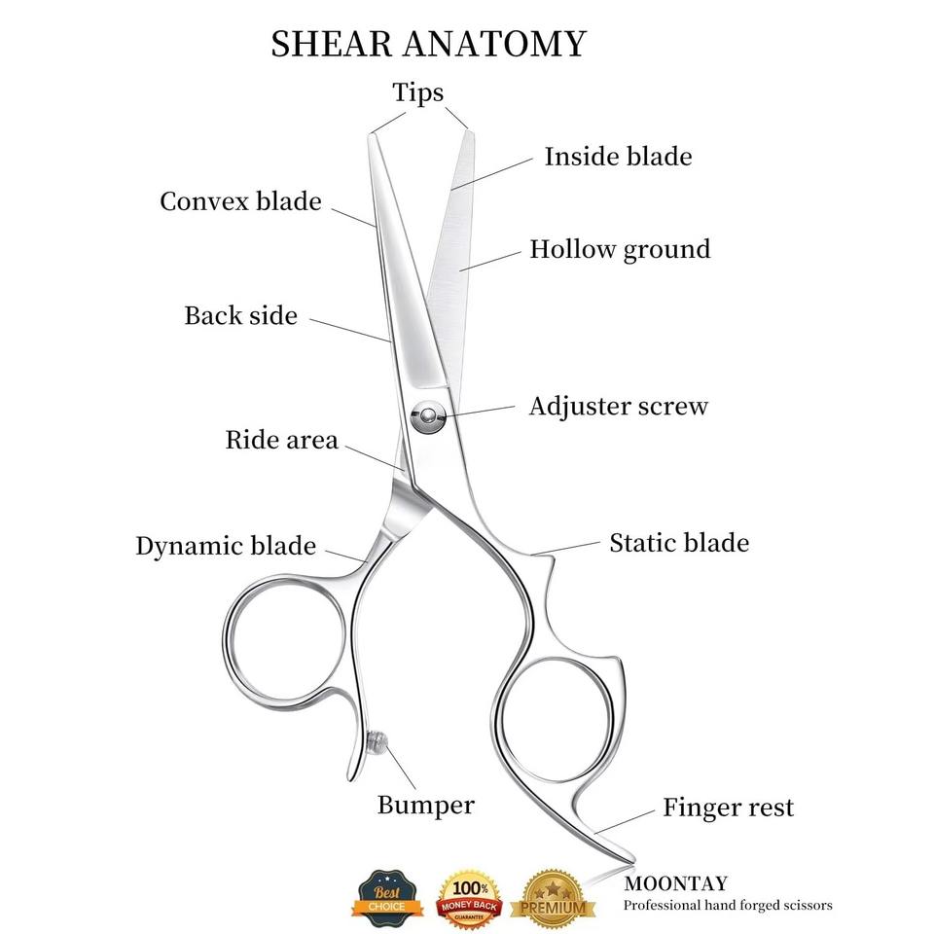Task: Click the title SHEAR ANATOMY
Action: coord(428,44)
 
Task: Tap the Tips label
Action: coord(418,92)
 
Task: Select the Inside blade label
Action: coord(618,156)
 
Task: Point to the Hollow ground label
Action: coord(620,249)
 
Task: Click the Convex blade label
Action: coord(240,201)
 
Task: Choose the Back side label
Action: coord(240,315)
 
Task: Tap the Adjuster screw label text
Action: coord(618,406)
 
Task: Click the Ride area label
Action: coord(281,440)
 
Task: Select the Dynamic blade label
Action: coord(226,546)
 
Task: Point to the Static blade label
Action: coord(679,542)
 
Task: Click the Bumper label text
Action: coord(426,805)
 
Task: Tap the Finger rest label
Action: coord(728,807)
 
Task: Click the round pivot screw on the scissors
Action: coord(425,418)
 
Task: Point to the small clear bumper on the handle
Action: coord(377,741)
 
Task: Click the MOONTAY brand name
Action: coord(674,884)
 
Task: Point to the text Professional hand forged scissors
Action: coord(728,906)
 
